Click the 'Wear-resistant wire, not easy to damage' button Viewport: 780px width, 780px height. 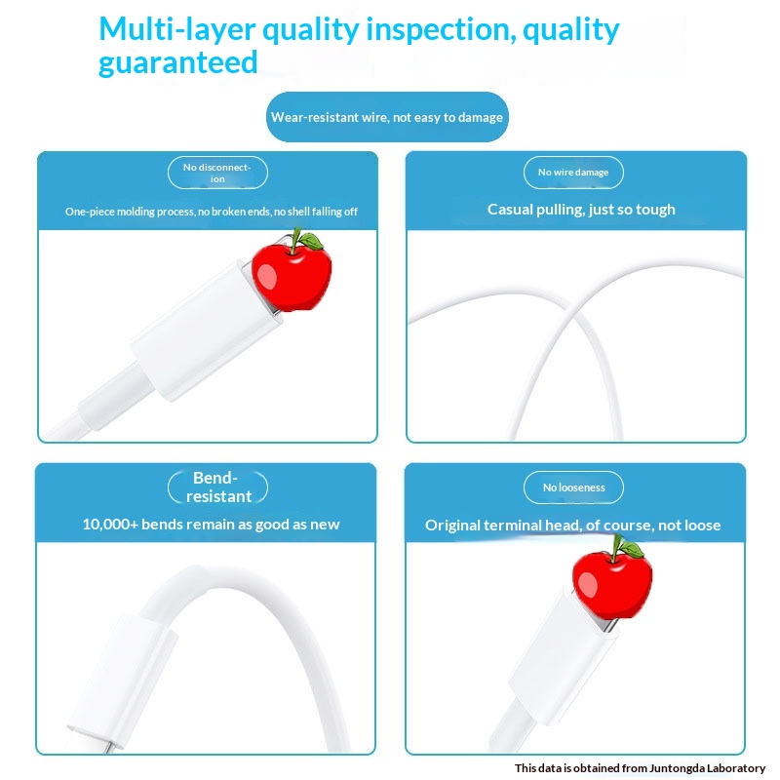(387, 117)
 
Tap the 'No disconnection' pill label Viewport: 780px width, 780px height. (217, 173)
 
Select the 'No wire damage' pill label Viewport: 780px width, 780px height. (573, 173)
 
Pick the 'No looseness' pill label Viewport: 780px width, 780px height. (573, 487)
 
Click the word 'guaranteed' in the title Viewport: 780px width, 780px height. (177, 62)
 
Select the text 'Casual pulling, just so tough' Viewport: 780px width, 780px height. (581, 210)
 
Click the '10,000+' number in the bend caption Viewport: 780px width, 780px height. (110, 525)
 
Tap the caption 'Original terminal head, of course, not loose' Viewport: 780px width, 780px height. (572, 526)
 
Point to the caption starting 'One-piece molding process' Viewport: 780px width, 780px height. (211, 212)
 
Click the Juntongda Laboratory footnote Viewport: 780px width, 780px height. (640, 768)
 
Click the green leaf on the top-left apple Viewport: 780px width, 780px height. (309, 240)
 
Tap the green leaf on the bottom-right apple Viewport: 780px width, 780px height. (629, 549)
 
